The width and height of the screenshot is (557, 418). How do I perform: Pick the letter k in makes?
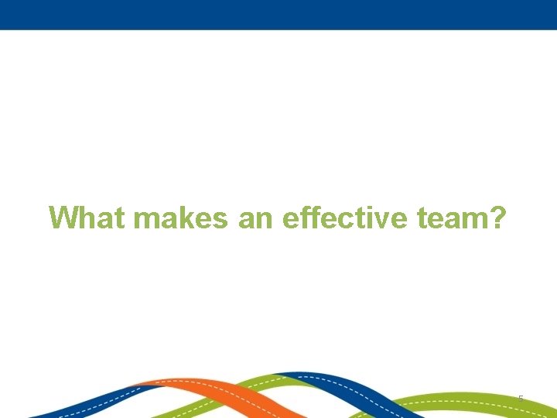[x=193, y=218]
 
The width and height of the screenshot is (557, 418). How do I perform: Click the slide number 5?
[x=521, y=399]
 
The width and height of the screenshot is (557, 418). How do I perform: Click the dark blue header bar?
[x=278, y=14]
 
